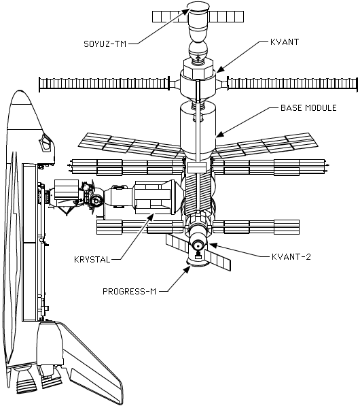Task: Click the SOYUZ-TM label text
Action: [105, 44]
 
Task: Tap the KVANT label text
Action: [285, 42]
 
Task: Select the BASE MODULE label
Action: [308, 107]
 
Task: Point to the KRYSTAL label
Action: [92, 260]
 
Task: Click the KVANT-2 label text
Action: [291, 257]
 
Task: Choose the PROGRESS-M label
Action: [130, 292]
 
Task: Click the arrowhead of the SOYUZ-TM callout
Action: [187, 12]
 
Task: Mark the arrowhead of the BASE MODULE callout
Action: [219, 134]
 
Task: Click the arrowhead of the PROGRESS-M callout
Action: [187, 270]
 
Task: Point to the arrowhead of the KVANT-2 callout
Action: [213, 245]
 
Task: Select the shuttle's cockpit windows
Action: [46, 142]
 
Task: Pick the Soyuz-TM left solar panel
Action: [170, 16]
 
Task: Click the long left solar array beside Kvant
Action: [104, 84]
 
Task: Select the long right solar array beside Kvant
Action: [293, 84]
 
